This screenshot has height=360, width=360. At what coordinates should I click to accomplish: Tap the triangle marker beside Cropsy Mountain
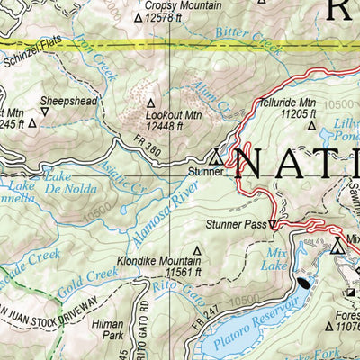(138, 16)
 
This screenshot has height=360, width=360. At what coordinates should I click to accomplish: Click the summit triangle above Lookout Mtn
(150, 103)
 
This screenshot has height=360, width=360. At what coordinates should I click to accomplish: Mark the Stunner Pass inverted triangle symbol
(274, 226)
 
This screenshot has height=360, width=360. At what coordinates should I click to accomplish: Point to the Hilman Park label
(112, 328)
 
